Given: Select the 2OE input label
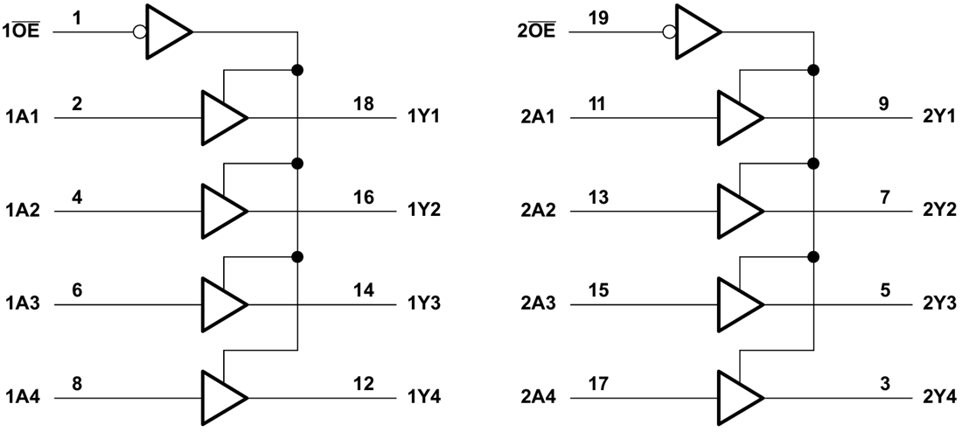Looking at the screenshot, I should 535,32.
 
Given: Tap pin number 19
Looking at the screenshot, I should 598,17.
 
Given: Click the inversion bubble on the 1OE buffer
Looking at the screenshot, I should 138,32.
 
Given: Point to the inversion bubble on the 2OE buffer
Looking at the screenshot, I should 669,32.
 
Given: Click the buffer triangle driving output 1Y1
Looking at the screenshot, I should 223,116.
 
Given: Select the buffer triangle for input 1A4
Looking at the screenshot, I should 223,398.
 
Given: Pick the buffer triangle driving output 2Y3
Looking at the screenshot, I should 739,303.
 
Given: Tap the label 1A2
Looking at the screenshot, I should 22,211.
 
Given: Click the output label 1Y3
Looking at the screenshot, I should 424,304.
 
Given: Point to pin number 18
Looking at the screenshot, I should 364,104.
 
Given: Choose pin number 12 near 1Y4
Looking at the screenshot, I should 364,384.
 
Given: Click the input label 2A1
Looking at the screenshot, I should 536,117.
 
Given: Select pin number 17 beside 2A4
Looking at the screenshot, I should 598,384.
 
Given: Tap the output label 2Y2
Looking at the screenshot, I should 940,211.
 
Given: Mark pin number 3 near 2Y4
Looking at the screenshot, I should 885,384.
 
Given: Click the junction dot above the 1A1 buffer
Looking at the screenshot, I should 298,69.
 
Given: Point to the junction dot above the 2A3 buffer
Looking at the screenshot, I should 814,256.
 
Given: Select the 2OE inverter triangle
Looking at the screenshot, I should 697,32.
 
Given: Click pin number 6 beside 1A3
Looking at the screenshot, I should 77,290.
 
